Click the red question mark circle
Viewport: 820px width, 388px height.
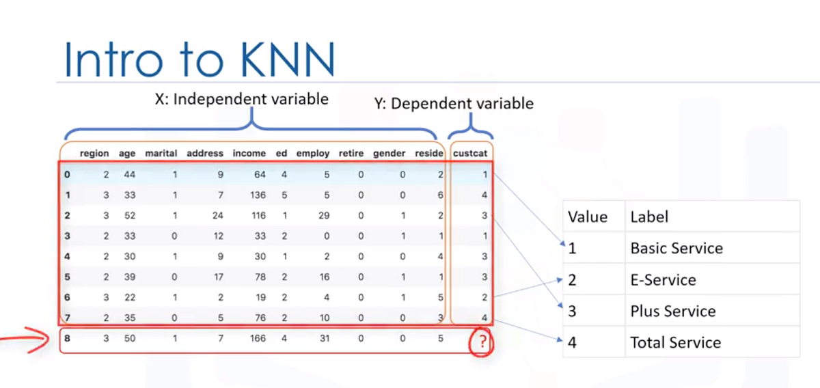[482, 344]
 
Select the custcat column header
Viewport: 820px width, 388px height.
[470, 154]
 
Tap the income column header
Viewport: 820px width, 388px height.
[249, 154]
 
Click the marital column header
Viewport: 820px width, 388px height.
[161, 154]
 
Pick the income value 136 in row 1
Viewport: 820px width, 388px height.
[258, 195]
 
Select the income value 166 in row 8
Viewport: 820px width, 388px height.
[258, 338]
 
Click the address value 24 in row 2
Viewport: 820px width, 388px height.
[218, 215]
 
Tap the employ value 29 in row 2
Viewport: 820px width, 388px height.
[324, 215]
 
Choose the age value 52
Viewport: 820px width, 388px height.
[130, 215]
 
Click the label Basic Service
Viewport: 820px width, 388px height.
[676, 248]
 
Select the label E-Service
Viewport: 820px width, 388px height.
[663, 280]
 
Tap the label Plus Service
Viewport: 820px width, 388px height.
[673, 311]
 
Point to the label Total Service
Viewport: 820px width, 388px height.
[675, 342]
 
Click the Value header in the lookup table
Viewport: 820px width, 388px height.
[588, 217]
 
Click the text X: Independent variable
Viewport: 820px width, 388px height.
[241, 99]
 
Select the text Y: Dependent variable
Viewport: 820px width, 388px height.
[454, 104]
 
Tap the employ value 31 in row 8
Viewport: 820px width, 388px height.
[324, 338]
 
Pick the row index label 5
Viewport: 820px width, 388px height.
[67, 277]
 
